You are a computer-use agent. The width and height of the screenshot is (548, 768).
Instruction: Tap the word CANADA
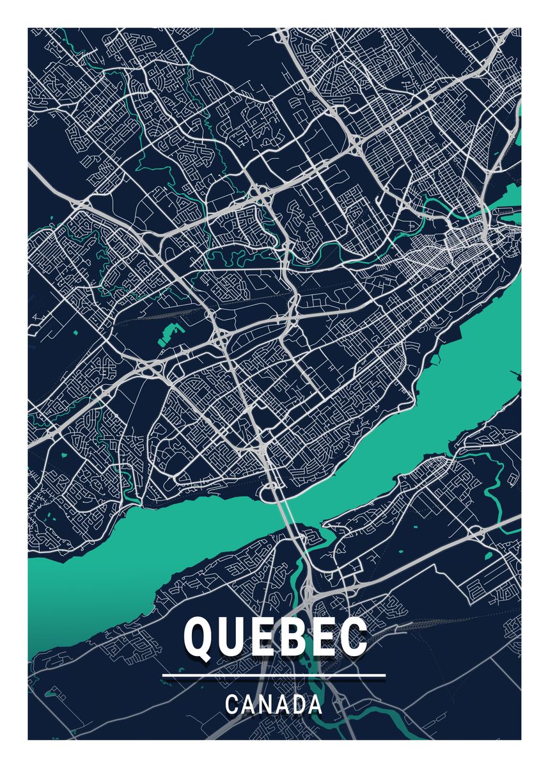(274, 705)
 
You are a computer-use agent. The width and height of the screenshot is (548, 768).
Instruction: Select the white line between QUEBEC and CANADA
(274, 675)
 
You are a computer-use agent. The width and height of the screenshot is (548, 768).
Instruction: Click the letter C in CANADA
(231, 705)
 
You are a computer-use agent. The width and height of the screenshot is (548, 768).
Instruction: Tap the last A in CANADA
(314, 705)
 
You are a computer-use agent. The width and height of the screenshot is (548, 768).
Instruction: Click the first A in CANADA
(247, 705)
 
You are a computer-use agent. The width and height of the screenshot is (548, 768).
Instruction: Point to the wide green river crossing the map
(384, 448)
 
